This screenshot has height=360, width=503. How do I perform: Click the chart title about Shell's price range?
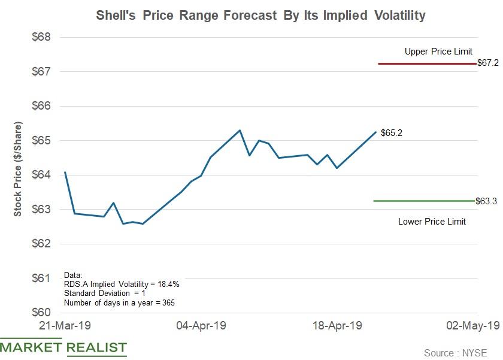(x=260, y=15)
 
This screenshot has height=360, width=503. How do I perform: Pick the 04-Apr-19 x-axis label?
(x=201, y=326)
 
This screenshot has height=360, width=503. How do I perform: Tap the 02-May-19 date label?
(x=473, y=326)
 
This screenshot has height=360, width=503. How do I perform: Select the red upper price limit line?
(x=426, y=63)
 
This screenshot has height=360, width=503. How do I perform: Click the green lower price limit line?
(x=424, y=201)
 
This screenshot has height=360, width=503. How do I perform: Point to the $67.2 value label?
(x=488, y=63)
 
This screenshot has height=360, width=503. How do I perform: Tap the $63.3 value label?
(x=486, y=201)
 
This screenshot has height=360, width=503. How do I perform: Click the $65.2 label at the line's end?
(x=392, y=133)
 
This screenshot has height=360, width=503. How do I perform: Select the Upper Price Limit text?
(x=438, y=52)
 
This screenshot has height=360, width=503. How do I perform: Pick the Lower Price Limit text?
(x=432, y=222)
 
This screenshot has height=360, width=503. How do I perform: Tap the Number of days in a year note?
(x=119, y=302)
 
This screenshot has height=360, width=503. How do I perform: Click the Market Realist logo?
(x=63, y=347)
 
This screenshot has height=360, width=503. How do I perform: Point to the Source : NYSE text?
(x=455, y=353)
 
